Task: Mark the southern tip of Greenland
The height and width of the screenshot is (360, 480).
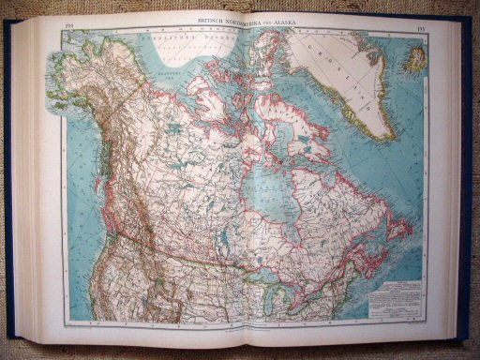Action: [x=380, y=139]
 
